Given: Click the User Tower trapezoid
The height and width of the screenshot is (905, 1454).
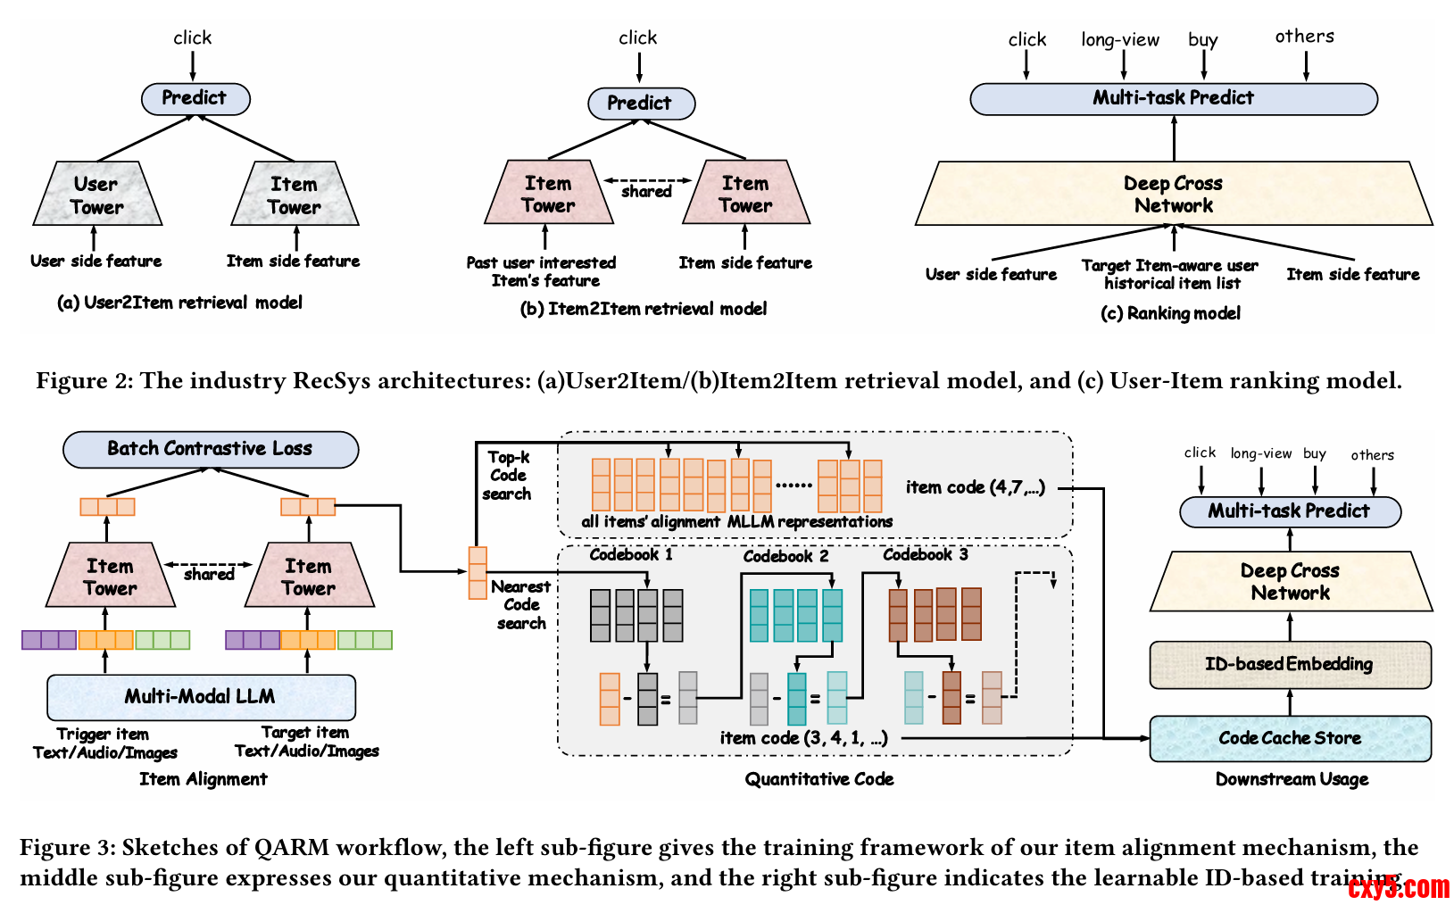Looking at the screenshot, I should tap(96, 195).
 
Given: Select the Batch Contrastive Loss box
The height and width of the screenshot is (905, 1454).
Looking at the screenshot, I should tap(210, 449).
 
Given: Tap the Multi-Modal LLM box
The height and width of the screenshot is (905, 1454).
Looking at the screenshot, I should tap(200, 696).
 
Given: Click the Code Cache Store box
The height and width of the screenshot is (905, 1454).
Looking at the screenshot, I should tap(1290, 738).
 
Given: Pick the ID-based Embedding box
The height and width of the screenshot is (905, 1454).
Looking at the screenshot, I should tap(1290, 664).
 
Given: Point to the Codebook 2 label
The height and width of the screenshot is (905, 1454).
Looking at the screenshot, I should tap(785, 556).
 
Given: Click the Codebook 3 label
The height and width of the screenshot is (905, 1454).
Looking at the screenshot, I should tap(925, 554).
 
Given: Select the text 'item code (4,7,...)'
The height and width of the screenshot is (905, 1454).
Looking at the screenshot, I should tap(975, 487).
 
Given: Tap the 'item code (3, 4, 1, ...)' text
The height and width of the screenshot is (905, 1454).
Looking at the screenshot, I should tap(803, 738).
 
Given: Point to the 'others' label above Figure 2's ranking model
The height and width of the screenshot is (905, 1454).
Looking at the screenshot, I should tap(1304, 36).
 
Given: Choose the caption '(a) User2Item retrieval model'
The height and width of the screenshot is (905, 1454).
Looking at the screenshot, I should tap(179, 303).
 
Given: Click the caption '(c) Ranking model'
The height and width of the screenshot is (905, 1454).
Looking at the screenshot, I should tap(1170, 313).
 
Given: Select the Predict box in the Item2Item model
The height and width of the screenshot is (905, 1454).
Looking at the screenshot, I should tap(640, 103).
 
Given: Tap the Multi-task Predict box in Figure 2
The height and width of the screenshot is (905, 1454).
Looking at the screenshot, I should tap(1173, 98).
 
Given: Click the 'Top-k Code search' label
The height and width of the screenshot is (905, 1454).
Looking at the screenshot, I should tap(507, 475).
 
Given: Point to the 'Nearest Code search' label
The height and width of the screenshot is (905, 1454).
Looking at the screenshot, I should tap(521, 604).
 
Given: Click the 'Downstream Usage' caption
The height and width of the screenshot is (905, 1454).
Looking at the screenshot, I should tap(1292, 779).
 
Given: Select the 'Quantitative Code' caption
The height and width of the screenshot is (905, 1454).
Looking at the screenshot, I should tap(818, 779).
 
